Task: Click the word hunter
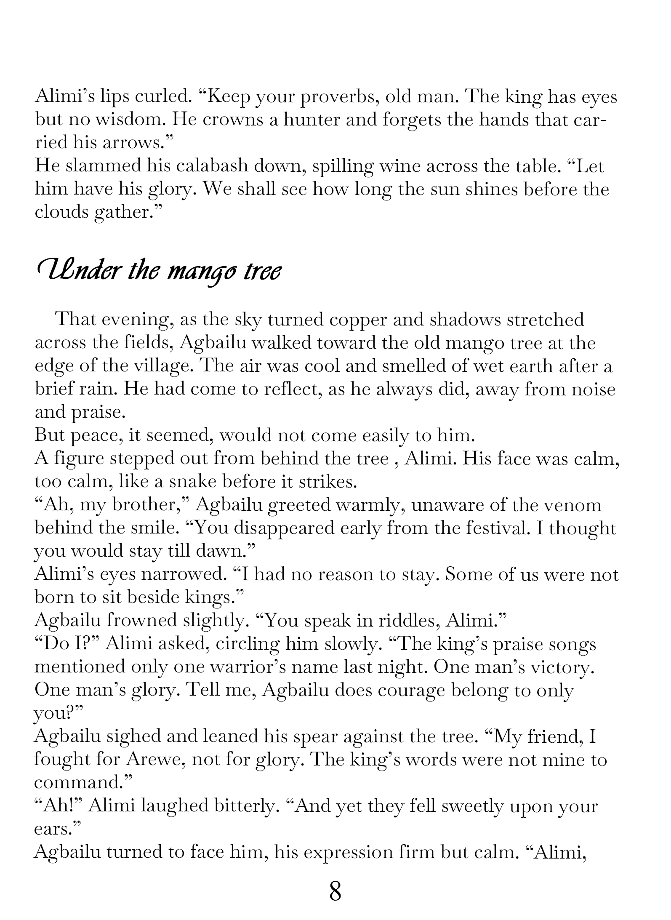[312, 120]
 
